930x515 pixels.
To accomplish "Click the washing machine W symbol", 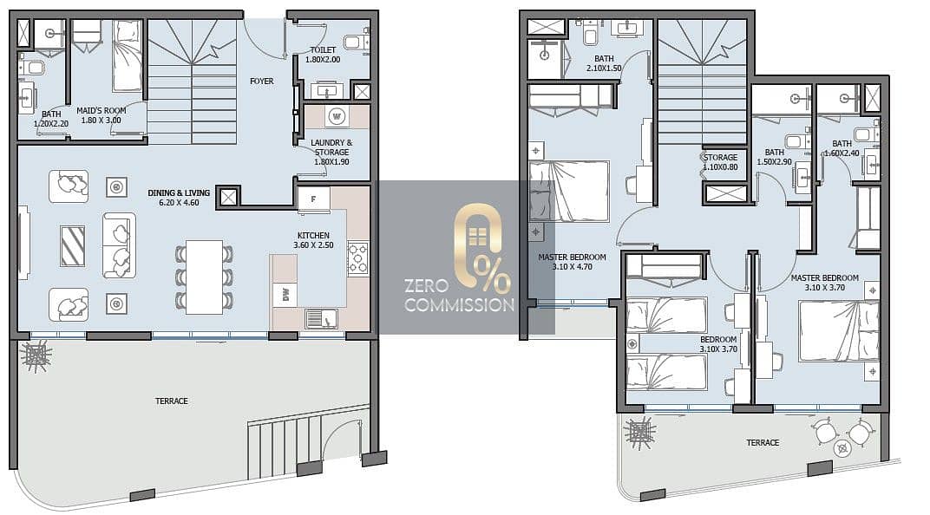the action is click(x=337, y=116).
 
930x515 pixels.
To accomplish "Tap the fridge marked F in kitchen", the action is click(x=313, y=199).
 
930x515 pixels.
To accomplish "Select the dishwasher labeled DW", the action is click(x=285, y=294).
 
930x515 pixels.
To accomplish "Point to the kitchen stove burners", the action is click(x=357, y=258).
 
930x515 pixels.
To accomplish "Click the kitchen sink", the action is click(x=321, y=319).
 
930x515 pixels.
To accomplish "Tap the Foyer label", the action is click(x=262, y=81).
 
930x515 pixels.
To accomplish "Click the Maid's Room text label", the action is click(x=102, y=111).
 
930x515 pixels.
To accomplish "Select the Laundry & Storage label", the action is click(x=331, y=147).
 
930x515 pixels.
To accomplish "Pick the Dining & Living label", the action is click(x=179, y=193).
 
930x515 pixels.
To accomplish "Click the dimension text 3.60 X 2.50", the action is click(x=313, y=244).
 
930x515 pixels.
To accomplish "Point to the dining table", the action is click(x=204, y=277).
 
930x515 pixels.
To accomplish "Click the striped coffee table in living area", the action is click(x=72, y=246).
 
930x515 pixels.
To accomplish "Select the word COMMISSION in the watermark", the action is click(x=460, y=305).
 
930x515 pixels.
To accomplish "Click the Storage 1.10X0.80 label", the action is click(x=721, y=162).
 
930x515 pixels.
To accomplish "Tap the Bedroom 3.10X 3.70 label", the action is click(x=718, y=344).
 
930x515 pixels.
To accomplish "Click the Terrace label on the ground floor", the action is click(x=172, y=401).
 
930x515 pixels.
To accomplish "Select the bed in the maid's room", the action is click(x=128, y=55).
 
